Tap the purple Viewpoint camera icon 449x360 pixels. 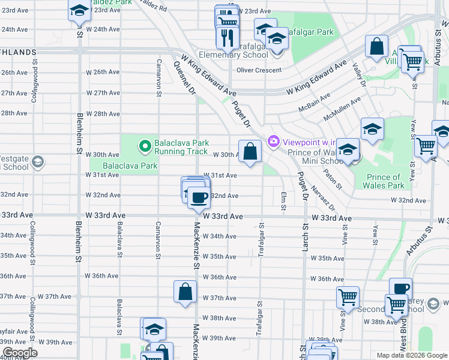(274, 142)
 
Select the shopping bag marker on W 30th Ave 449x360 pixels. (250, 151)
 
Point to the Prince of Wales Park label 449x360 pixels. (385, 181)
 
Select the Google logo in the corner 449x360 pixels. (20, 353)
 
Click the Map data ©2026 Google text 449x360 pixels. (411, 355)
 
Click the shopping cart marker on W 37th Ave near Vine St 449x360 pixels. (348, 296)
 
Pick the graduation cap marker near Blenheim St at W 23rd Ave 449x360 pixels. (79, 11)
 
